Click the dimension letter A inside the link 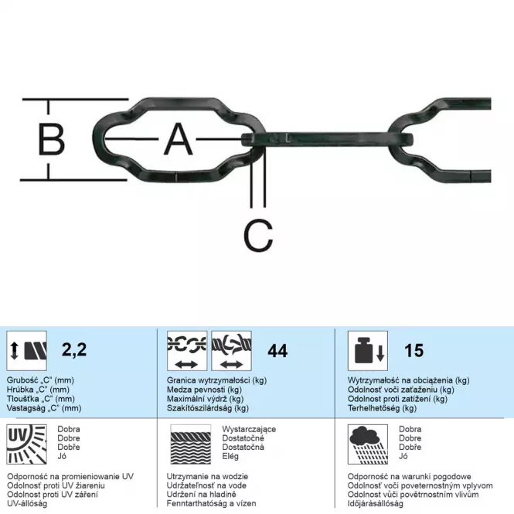(x=178, y=139)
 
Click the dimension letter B (x=52, y=139)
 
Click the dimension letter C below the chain (x=258, y=236)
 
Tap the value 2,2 (x=74, y=349)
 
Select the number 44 (x=277, y=351)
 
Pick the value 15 (x=414, y=350)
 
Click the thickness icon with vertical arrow (x=26, y=351)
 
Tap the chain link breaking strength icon (x=187, y=351)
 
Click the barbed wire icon (x=231, y=351)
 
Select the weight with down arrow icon (x=368, y=351)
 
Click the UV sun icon (x=26, y=444)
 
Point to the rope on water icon (x=190, y=444)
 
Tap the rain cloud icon (x=368, y=444)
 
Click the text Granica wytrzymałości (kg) (x=216, y=380)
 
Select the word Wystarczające (x=249, y=429)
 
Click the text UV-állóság (x=27, y=503)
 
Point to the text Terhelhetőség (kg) (x=382, y=408)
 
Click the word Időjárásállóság (x=375, y=503)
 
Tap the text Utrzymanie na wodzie (x=207, y=476)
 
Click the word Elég (x=230, y=456)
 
